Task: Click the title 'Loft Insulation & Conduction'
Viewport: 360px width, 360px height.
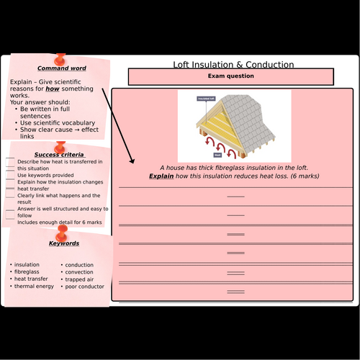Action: click(x=233, y=65)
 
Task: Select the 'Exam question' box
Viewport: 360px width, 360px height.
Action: click(x=230, y=76)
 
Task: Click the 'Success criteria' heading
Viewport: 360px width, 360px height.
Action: click(x=59, y=155)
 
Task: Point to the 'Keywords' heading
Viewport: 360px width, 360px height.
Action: click(x=64, y=243)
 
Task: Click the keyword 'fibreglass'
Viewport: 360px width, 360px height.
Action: click(x=28, y=272)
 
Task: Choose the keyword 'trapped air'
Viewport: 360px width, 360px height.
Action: click(x=83, y=279)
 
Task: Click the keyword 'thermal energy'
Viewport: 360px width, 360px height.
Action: click(x=34, y=287)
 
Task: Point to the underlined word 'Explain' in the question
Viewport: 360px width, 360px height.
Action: click(x=162, y=176)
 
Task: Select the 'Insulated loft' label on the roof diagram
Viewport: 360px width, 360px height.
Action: click(x=207, y=97)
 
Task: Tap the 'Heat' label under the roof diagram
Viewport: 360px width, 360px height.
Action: click(x=217, y=154)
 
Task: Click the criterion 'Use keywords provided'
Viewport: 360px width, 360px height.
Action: click(x=45, y=175)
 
